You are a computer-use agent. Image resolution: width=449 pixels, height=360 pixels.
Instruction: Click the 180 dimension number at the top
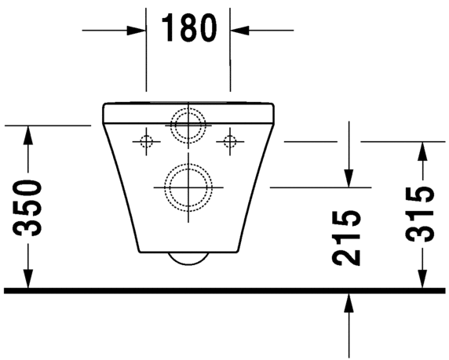point(188,29)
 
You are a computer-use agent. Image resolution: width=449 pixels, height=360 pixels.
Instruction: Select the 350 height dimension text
point(29,208)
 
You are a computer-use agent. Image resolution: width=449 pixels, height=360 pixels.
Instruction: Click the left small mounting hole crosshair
point(145,141)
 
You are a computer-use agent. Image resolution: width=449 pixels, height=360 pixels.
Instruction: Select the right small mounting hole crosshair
point(230,141)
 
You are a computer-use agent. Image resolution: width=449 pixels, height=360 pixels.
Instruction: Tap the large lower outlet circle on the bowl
point(188,187)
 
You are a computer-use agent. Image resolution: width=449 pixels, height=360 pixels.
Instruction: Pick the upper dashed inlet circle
point(188,123)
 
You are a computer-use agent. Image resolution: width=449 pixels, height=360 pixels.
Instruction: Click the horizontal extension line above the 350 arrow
point(47,125)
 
